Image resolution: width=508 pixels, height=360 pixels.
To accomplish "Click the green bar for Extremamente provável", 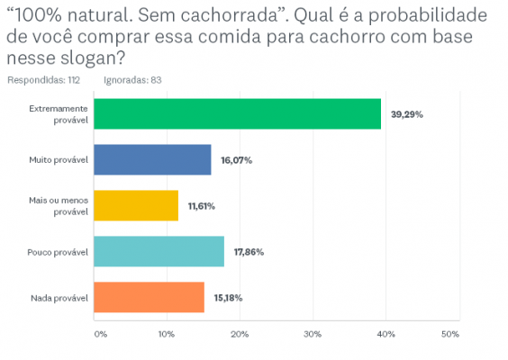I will tap(238, 114).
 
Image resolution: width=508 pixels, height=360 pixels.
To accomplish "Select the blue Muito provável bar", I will tap(153, 160).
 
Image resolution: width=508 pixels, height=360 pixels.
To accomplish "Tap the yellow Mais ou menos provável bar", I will tap(136, 206).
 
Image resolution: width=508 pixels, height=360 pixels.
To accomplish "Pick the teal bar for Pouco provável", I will tap(159, 252).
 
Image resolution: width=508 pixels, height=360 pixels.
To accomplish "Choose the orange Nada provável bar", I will tap(150, 297).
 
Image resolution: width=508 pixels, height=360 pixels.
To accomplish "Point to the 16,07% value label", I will tap(237, 160).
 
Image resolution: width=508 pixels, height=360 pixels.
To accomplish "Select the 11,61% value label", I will tap(202, 206).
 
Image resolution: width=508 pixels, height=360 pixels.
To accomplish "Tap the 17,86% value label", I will tap(249, 252).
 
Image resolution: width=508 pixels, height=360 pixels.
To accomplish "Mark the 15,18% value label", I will tap(227, 298).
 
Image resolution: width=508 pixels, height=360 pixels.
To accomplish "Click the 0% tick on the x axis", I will tap(100, 335).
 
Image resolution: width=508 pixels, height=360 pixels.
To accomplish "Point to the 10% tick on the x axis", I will tap(167, 335).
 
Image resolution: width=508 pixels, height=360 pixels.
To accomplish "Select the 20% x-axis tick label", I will tap(240, 335).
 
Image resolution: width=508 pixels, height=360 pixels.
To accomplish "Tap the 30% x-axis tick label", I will tap(313, 335).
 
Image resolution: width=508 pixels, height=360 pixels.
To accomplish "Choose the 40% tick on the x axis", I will tap(386, 335).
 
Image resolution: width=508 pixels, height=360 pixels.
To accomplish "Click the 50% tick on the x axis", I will tap(452, 335).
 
